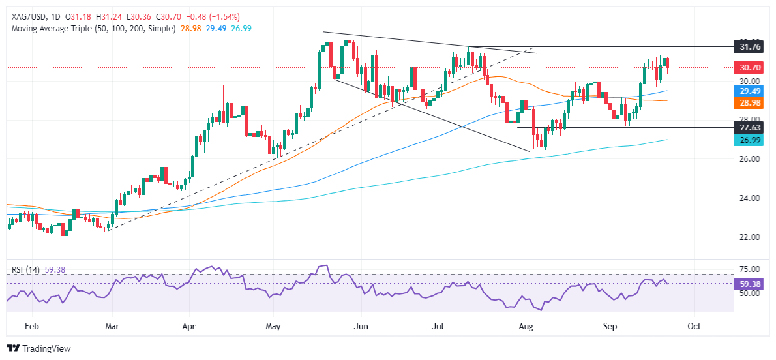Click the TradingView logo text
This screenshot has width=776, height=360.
coord(46,348)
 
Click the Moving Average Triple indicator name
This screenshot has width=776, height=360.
coord(51,29)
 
